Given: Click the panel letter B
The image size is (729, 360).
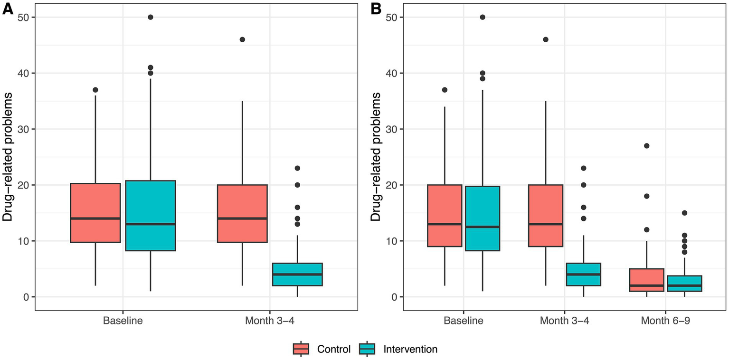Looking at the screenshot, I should (x=376, y=9).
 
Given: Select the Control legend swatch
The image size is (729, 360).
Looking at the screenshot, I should (x=301, y=349).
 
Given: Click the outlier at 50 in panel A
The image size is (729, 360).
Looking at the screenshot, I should (x=151, y=17).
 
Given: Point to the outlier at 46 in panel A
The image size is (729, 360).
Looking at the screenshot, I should (x=242, y=39).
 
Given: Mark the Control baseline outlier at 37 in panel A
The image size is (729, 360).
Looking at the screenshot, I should (x=95, y=90).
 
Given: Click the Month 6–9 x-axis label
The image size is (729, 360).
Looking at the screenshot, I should (x=665, y=321).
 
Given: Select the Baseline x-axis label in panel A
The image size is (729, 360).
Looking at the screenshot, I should (x=123, y=321).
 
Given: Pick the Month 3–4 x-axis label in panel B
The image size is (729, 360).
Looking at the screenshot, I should (x=562, y=321).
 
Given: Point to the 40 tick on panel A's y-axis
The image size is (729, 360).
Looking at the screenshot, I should (x=23, y=73).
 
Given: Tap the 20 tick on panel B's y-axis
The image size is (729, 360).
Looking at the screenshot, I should (x=390, y=185).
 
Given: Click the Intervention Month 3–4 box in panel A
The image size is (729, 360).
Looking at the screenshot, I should (x=297, y=275).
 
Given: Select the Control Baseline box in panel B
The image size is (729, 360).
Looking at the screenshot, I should (x=445, y=216).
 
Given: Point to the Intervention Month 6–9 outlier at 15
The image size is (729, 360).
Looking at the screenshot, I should (x=684, y=213).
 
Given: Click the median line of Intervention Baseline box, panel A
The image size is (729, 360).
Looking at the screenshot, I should (x=151, y=224).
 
